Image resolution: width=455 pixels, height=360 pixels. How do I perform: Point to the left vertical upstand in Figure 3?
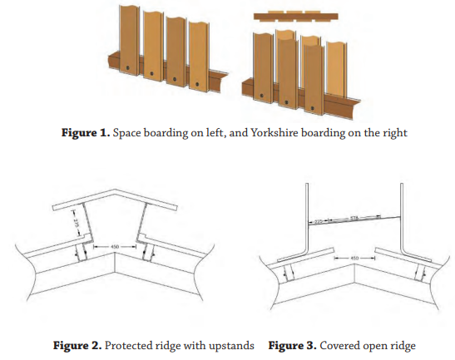click(305, 216)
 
